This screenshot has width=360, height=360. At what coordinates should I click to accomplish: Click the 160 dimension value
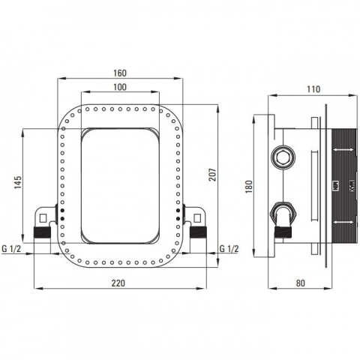120,73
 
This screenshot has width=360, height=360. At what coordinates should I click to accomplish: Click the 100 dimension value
120,87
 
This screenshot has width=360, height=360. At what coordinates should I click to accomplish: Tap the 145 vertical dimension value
17,182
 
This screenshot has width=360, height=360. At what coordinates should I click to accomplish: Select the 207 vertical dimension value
212,175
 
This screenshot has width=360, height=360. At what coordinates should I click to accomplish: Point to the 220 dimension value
118,283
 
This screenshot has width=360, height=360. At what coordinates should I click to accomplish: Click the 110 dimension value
313,89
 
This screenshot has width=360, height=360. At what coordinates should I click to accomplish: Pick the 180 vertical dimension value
249,187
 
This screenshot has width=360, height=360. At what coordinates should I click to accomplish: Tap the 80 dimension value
301,283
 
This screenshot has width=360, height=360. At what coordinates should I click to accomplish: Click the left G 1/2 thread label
12,249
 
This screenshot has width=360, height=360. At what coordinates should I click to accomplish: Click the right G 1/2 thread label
229,249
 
